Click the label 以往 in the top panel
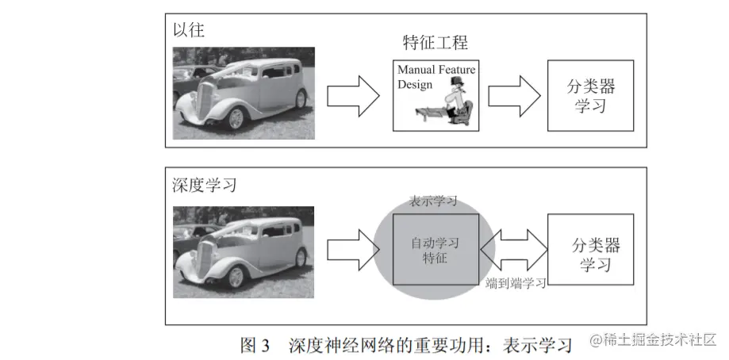tap(189, 31)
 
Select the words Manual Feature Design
tap(435, 76)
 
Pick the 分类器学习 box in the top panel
tap(590, 95)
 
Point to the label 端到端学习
tap(516, 282)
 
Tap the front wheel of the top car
tap(236, 117)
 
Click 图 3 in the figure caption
tap(255, 346)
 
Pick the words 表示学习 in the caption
tap(543, 346)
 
